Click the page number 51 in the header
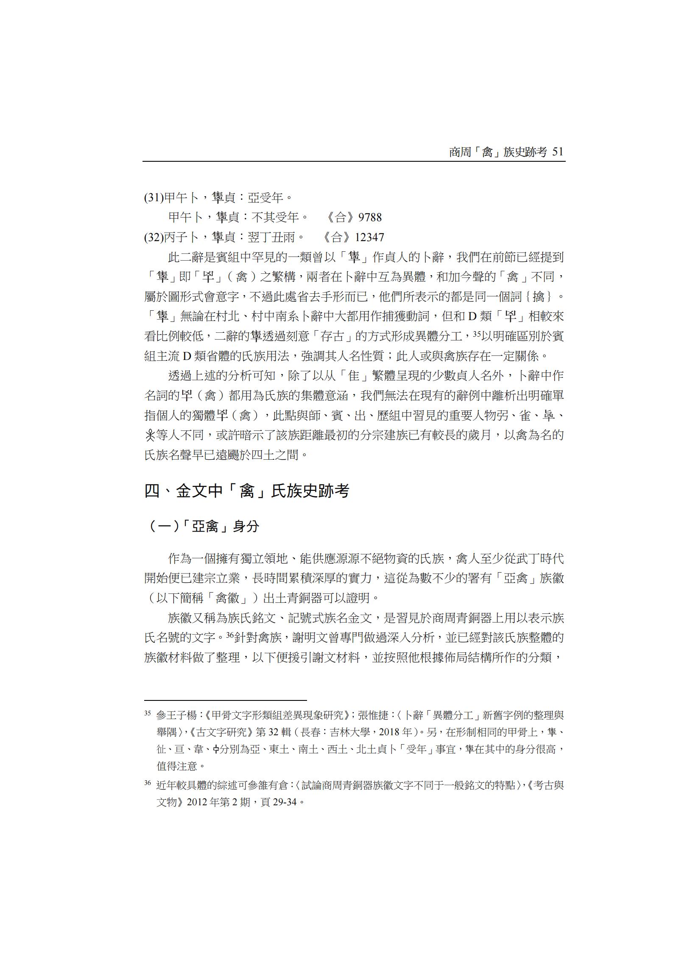tap(558, 152)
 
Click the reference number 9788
tap(370, 217)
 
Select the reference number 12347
tap(370, 237)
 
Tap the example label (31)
tap(154, 197)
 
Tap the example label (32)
tap(154, 237)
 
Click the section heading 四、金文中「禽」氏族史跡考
tap(247, 491)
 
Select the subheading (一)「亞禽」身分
tap(204, 527)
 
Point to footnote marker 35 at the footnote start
tap(148, 714)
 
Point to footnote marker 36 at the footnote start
tap(148, 783)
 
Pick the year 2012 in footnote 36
tap(197, 803)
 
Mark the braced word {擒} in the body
tap(538, 296)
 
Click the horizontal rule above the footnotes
tap(225, 700)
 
